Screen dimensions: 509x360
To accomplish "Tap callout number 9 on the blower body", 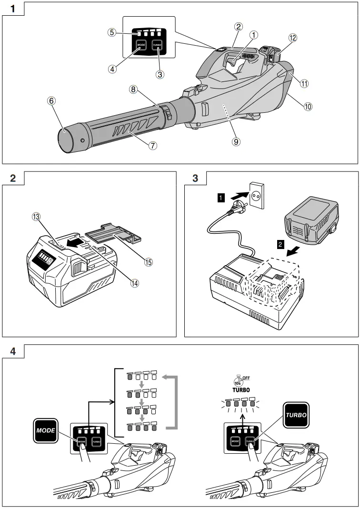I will click(x=236, y=141).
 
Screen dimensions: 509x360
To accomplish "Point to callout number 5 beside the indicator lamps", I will click(x=112, y=33).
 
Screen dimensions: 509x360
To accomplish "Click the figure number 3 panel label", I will click(x=195, y=179).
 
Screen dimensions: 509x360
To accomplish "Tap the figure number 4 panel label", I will click(x=13, y=351).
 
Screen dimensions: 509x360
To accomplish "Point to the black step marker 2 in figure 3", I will click(x=281, y=245).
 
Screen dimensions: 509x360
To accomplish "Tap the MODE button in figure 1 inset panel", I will click(x=140, y=46).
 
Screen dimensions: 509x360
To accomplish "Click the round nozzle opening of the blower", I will click(x=65, y=140).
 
